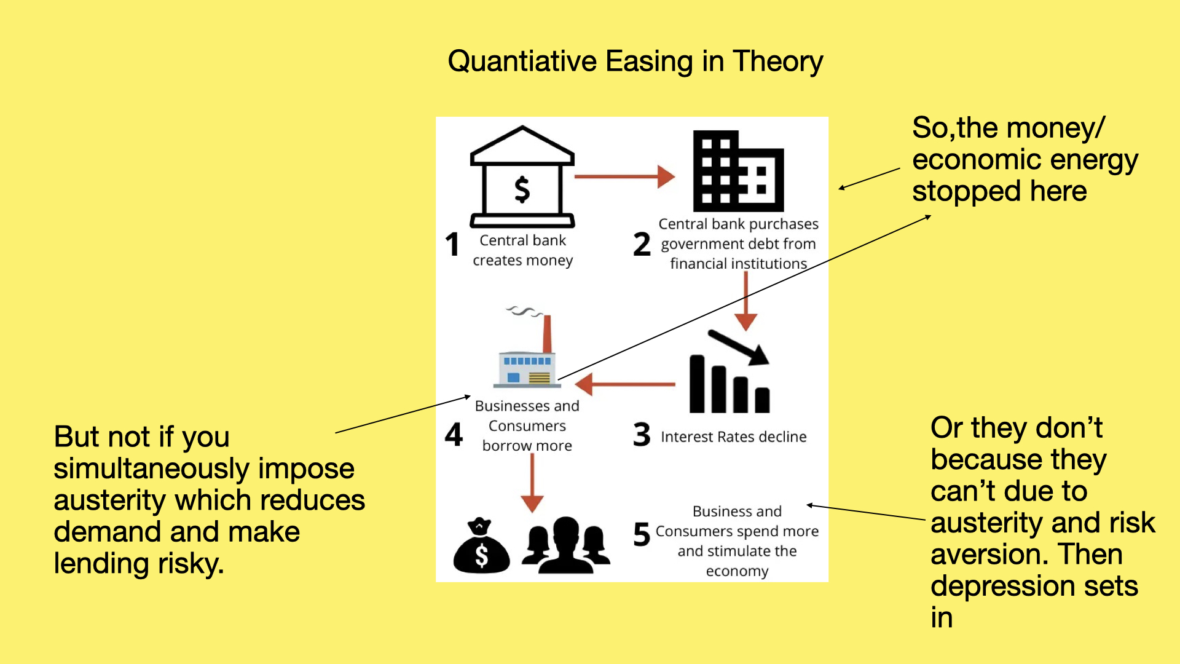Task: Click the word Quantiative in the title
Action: point(522,61)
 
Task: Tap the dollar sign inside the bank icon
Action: point(522,189)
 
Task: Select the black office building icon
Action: point(738,171)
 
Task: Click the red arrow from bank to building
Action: point(624,176)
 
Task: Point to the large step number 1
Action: point(452,244)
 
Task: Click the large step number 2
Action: point(642,244)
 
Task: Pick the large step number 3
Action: point(642,434)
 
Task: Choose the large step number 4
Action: point(454,434)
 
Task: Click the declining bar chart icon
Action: point(730,371)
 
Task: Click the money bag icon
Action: point(481,545)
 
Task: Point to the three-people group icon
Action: point(566,545)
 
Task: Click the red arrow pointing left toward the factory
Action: point(625,384)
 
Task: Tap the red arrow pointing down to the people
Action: point(532,483)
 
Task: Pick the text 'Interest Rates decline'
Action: point(734,437)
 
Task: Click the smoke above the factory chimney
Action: point(524,311)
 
